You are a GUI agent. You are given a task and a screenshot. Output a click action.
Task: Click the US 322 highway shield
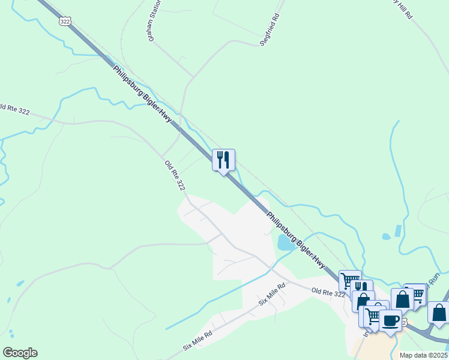(x=65, y=20)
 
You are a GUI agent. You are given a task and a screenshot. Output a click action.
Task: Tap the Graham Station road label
(x=154, y=22)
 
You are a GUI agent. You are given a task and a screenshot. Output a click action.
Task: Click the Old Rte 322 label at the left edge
(x=13, y=109)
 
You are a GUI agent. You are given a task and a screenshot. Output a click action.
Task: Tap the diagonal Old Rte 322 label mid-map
(x=175, y=176)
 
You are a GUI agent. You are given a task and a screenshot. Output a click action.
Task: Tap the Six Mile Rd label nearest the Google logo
(x=197, y=341)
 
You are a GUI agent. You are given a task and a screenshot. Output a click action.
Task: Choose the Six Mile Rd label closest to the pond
(x=271, y=295)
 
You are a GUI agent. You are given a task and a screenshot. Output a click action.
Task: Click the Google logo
(x=20, y=353)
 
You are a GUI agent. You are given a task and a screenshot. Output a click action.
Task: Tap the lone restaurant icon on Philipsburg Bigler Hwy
(x=223, y=160)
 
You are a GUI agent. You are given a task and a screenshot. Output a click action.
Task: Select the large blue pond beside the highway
(x=286, y=242)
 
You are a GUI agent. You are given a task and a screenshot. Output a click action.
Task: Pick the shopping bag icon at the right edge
(x=439, y=313)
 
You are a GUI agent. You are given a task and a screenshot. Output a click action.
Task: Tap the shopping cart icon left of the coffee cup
(x=373, y=316)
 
